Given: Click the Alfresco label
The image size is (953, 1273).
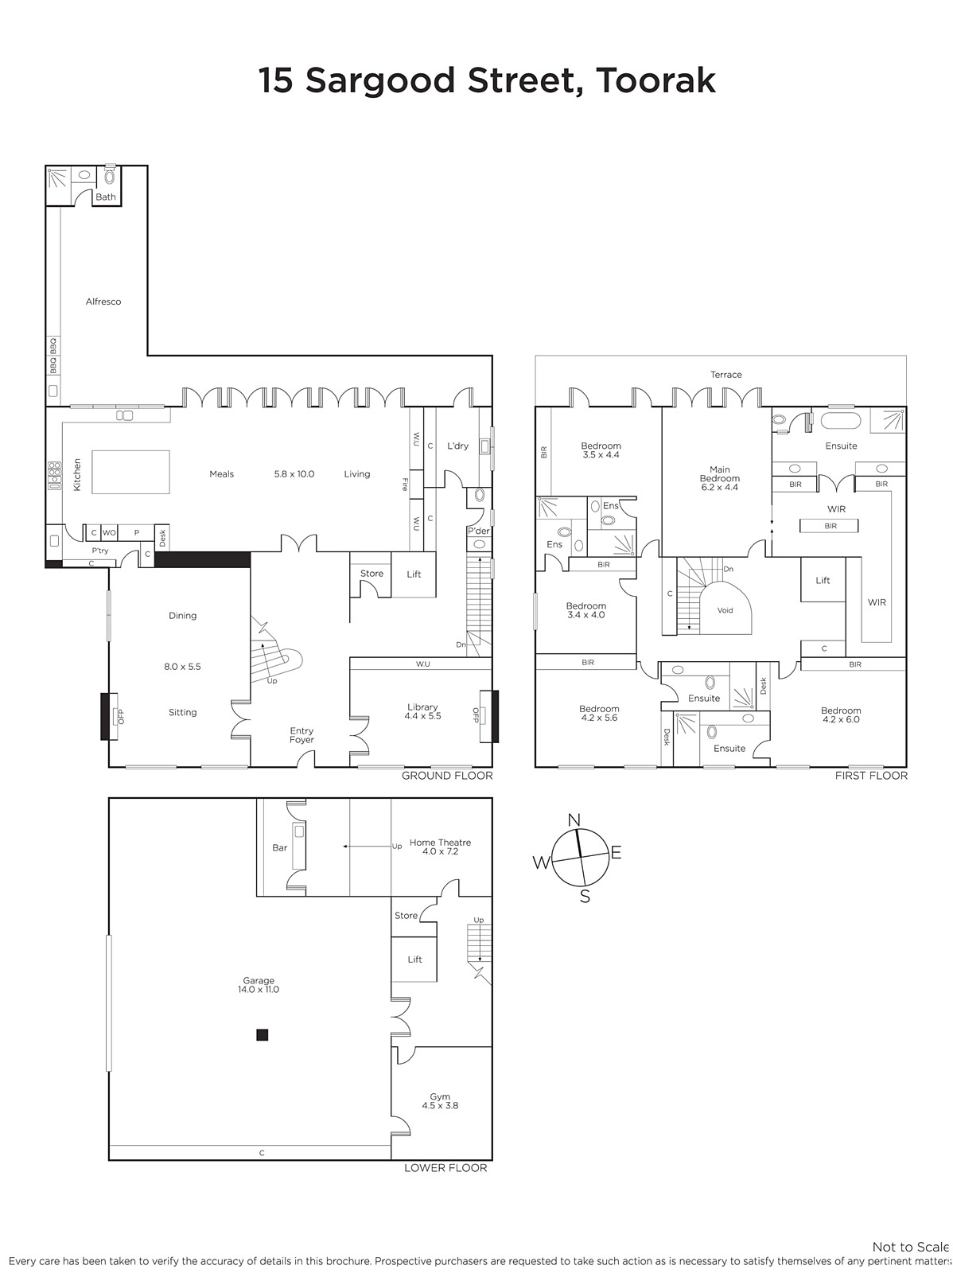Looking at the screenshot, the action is pyautogui.click(x=103, y=302).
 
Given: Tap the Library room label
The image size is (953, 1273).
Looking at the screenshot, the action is pyautogui.click(x=422, y=711).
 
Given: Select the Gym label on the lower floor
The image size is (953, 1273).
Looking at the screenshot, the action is pyautogui.click(x=440, y=1101).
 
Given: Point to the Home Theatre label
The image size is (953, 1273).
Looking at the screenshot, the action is pyautogui.click(x=440, y=847).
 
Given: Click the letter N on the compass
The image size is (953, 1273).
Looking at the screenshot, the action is pyautogui.click(x=574, y=820).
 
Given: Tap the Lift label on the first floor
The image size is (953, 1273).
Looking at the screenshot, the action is pyautogui.click(x=823, y=580).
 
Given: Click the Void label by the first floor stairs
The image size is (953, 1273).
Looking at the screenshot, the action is pyautogui.click(x=725, y=610).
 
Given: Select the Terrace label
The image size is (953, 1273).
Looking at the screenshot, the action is pyautogui.click(x=725, y=375).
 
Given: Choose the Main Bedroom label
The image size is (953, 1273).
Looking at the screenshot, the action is pyautogui.click(x=719, y=478).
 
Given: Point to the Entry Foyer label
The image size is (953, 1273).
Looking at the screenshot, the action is pyautogui.click(x=301, y=735).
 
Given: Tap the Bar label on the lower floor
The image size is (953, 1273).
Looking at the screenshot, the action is pyautogui.click(x=279, y=848).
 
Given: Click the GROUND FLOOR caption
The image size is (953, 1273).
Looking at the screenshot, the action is pyautogui.click(x=447, y=776).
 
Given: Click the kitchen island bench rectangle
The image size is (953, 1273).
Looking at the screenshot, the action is pyautogui.click(x=130, y=472).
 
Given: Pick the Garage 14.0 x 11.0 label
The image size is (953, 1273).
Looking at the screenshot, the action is pyautogui.click(x=259, y=985).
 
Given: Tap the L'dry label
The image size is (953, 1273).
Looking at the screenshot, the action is pyautogui.click(x=457, y=446).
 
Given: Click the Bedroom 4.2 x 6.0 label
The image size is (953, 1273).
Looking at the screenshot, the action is pyautogui.click(x=841, y=715).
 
